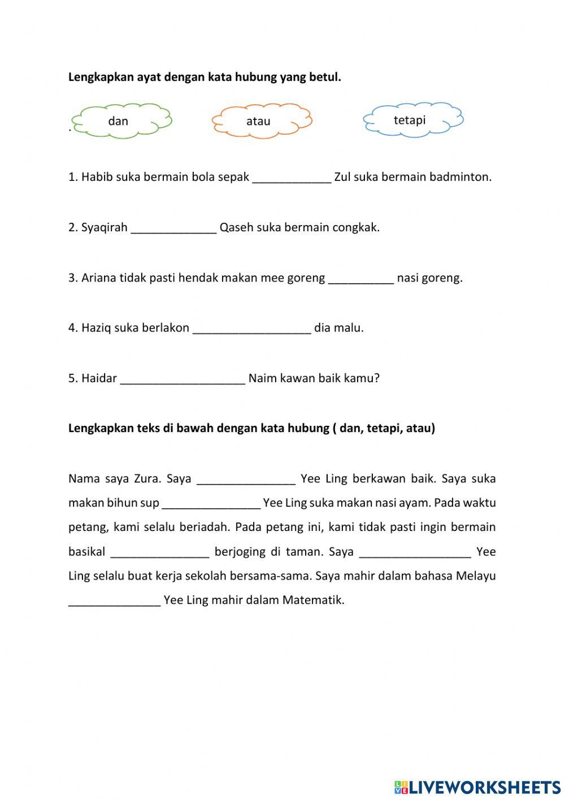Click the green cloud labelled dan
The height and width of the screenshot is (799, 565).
121,121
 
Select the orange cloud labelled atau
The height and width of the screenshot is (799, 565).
261,121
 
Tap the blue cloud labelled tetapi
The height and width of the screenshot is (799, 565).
412,120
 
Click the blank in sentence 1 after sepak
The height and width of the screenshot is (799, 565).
292,178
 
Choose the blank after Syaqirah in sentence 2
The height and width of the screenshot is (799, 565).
173,228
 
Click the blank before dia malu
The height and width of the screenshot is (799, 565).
251,328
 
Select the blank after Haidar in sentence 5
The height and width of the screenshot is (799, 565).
182,378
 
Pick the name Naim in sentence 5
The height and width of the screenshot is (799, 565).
261,378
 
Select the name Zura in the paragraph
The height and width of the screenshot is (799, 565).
147,479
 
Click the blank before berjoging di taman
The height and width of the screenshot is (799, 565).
160,552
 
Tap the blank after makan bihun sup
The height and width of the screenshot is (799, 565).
211,503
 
